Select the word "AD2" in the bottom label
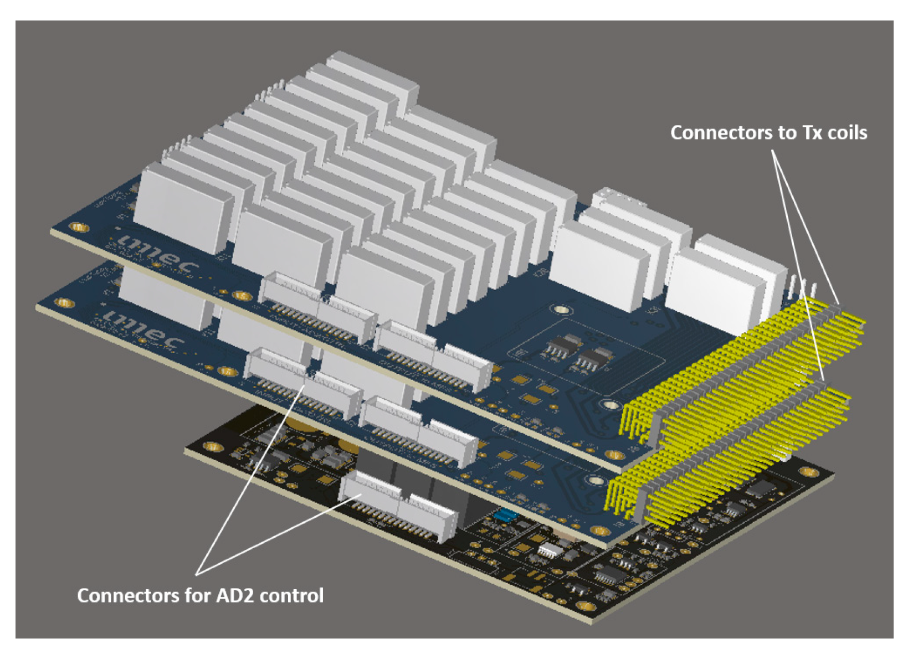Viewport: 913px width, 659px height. pos(236,595)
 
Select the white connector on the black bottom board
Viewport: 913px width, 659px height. pos(398,504)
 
